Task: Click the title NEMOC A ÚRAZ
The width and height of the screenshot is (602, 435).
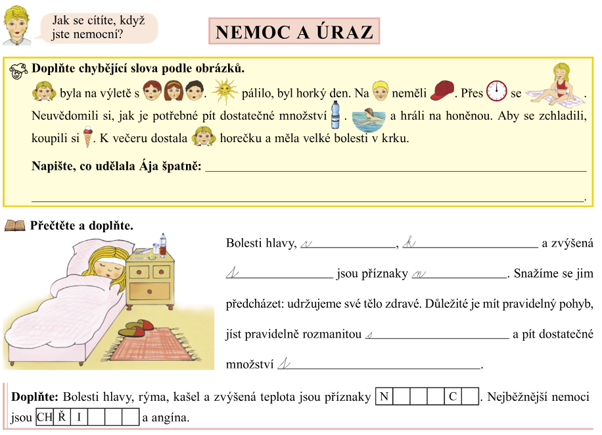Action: pyautogui.click(x=294, y=32)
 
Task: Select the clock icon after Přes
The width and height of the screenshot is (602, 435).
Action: pyautogui.click(x=497, y=91)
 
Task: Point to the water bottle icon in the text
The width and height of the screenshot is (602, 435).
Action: pyautogui.click(x=335, y=115)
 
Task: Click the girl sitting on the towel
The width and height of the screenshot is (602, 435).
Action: pyautogui.click(x=556, y=85)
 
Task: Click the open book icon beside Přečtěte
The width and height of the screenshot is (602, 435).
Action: pyautogui.click(x=14, y=226)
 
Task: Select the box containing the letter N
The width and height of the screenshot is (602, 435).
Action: pyautogui.click(x=384, y=397)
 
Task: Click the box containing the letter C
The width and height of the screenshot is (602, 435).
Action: pyautogui.click(x=453, y=397)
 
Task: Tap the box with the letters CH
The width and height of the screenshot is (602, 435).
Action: pyautogui.click(x=44, y=417)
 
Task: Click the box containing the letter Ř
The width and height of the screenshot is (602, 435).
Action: pyautogui.click(x=61, y=417)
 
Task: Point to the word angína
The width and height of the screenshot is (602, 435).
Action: pyautogui.click(x=171, y=417)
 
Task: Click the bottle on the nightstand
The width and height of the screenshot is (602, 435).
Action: pyautogui.click(x=163, y=243)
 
